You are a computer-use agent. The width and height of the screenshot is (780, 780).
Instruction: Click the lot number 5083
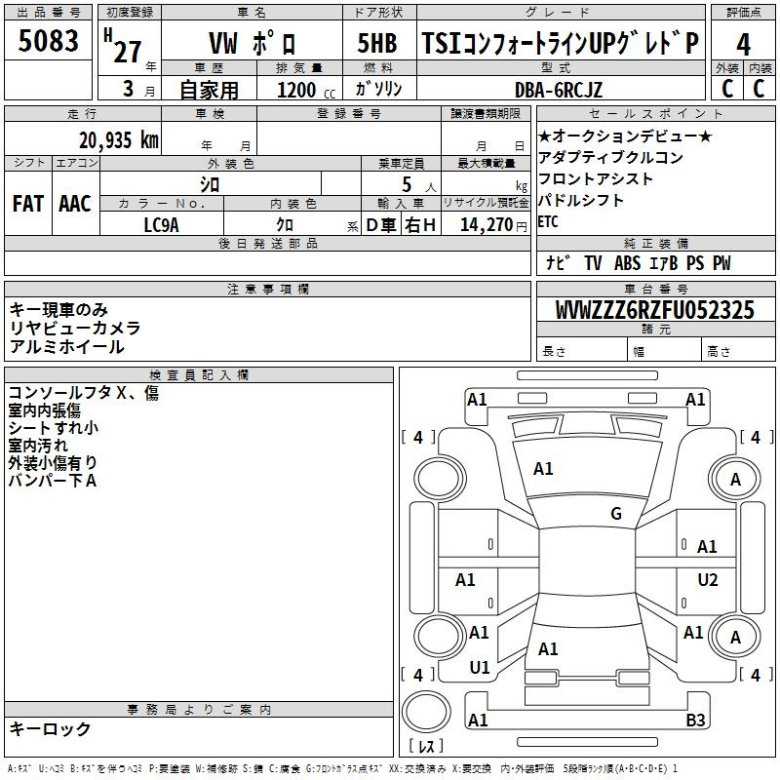[48, 41]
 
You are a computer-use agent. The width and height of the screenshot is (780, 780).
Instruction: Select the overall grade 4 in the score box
[743, 44]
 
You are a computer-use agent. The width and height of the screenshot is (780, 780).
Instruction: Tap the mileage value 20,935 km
[119, 140]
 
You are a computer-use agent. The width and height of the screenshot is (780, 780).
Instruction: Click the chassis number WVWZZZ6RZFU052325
[654, 310]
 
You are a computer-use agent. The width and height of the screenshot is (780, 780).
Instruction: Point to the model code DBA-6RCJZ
[558, 90]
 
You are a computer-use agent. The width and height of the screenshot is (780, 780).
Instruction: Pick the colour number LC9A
[161, 225]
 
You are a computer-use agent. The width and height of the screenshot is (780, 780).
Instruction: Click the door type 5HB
[377, 43]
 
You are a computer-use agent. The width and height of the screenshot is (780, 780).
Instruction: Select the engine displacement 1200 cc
[306, 90]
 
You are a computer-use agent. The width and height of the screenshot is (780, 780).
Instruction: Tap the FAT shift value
[28, 204]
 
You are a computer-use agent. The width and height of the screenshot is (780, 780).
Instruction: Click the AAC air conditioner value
[75, 204]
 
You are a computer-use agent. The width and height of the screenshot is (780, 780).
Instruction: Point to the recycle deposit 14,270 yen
[493, 225]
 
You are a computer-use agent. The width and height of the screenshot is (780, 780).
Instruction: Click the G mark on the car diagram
[616, 514]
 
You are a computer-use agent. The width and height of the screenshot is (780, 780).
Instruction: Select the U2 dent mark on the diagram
[708, 579]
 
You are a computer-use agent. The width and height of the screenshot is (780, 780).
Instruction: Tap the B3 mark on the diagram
[695, 720]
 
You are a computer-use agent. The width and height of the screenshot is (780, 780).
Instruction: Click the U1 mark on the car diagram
[480, 668]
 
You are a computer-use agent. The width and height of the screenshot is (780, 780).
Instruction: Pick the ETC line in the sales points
[548, 222]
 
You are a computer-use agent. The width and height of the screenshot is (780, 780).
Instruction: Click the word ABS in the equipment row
[627, 263]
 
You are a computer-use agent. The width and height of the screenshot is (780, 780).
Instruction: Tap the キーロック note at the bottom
[50, 728]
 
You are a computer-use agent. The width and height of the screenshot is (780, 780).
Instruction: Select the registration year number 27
[128, 52]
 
